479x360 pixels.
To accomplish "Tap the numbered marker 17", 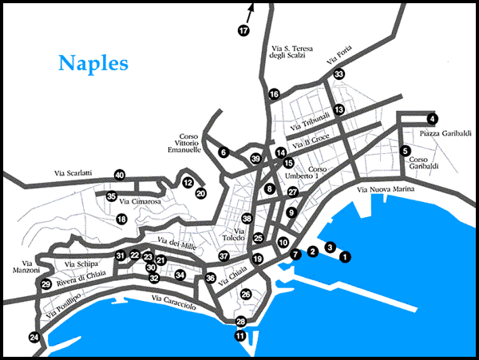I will [243, 30].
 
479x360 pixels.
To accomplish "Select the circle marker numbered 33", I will [338, 74].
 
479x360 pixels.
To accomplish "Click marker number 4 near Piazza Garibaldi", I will [432, 119].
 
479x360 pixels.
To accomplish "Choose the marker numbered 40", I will [119, 175].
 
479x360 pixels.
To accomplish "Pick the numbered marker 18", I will [122, 219].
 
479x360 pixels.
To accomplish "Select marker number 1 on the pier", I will [345, 256].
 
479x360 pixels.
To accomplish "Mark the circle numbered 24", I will [34, 338].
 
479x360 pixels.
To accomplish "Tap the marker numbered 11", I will [240, 336].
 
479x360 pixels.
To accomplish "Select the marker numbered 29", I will [46, 284].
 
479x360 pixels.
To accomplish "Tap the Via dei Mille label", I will [176, 243].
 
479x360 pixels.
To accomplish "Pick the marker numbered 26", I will [246, 295].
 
